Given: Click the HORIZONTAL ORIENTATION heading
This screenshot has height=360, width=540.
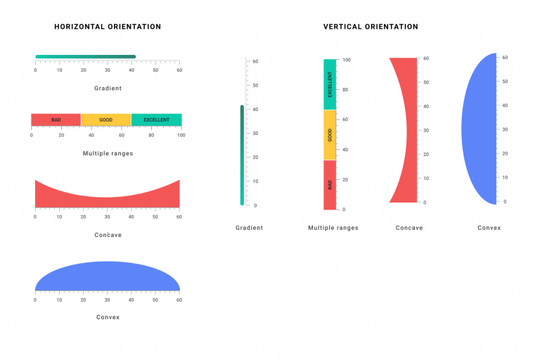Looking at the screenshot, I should click(x=108, y=27).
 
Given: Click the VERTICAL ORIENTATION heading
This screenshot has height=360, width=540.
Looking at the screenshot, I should click(x=371, y=27).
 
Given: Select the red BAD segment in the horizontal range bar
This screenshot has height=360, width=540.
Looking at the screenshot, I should click(x=56, y=120).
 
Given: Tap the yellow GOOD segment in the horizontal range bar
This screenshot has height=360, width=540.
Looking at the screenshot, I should click(x=105, y=120).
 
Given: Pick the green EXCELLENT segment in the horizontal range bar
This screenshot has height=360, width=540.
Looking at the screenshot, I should click(x=156, y=120).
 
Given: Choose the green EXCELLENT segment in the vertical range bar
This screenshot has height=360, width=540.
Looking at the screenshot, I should click(x=330, y=84).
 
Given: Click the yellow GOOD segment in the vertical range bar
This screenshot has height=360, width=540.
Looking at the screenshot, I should click(x=330, y=135).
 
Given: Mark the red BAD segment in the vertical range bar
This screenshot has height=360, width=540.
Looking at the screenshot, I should click(x=330, y=185).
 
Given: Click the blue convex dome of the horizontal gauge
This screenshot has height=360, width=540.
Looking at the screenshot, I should click(x=107, y=277).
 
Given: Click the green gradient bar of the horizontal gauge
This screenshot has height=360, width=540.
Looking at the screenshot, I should click(x=85, y=57).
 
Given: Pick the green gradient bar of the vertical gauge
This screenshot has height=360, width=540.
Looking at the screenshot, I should click(x=242, y=155).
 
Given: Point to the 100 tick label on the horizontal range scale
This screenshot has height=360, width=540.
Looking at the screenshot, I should click(x=181, y=135).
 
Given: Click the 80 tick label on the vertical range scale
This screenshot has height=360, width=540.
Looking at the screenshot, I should click(x=346, y=90).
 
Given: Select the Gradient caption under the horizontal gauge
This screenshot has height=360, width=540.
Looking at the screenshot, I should click(x=108, y=89).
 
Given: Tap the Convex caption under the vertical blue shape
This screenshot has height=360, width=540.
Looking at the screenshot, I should click(x=489, y=228).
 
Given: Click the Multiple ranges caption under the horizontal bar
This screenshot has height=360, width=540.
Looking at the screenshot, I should click(x=108, y=153).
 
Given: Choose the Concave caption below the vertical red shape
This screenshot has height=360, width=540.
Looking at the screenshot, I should click(x=409, y=228).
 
